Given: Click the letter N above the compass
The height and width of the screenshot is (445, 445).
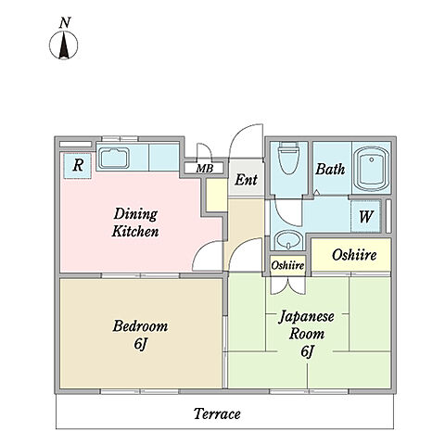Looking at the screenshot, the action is tap(65, 22).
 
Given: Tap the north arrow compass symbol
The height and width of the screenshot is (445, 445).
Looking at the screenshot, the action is tap(64, 45).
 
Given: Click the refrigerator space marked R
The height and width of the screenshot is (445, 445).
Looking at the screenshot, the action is tap(78, 166).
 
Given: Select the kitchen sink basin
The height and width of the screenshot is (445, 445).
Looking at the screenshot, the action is tap(114, 159).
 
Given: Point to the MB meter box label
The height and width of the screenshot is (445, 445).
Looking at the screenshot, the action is tap(205, 169).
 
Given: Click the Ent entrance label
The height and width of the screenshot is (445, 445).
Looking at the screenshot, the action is tap(246, 179).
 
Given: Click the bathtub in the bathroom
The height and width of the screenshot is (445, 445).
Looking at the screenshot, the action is tap(371, 169).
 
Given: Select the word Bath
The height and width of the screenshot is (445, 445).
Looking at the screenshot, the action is tap(330, 169).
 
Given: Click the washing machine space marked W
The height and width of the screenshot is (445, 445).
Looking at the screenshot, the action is tap(366, 216).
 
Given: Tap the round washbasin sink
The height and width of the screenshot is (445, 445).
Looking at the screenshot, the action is tap(289, 240).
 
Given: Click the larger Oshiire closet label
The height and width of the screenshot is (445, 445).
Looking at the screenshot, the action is tap(354, 255).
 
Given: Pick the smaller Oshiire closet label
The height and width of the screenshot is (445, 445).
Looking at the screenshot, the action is tap(287, 265).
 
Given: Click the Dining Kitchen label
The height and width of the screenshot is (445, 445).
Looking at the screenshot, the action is tap(135, 222).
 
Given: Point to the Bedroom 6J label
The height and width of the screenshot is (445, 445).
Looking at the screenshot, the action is tap(140, 335).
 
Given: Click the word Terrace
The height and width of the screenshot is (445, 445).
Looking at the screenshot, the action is tap(217, 413).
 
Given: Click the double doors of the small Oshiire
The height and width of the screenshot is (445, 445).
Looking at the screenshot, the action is tap(287, 286).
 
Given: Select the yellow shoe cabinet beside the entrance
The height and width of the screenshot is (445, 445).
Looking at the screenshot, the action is tap(217, 195).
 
